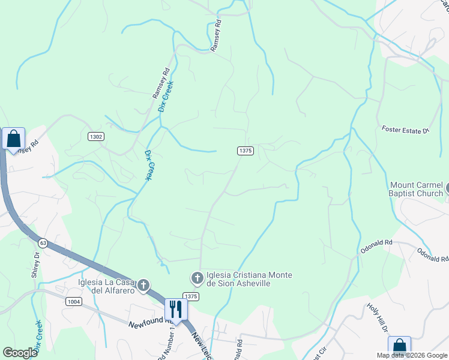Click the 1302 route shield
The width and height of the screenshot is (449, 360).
coord(96,137)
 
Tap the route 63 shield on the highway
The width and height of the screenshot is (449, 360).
coord(42,243)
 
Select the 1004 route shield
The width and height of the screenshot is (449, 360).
coord(74,301)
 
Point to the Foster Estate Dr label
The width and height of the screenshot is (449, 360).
coord(406,130)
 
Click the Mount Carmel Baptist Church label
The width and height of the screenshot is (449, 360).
coord(417,189)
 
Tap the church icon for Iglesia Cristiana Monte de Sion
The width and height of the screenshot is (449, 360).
coord(197,278)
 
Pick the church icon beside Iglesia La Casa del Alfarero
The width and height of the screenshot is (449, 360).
coord(143,285)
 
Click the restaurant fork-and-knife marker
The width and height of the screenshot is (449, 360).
coord(176,310)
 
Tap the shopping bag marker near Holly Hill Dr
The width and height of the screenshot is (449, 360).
coord(399,347)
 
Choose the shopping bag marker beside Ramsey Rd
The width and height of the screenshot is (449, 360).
coord(13,139)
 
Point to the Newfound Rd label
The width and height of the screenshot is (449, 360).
coord(146,325)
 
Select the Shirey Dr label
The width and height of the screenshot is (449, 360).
coord(35,265)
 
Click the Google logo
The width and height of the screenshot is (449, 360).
coord(20,353)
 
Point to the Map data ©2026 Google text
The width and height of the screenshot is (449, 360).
coord(412,355)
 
